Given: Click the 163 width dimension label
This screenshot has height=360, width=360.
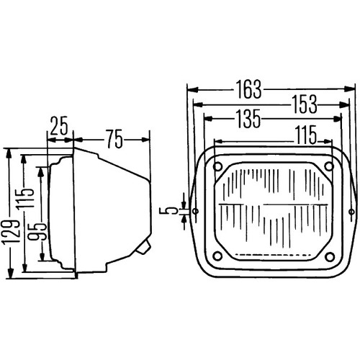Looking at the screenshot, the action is pyautogui.click(x=249, y=89).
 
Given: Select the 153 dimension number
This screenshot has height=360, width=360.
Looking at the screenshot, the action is pyautogui.click(x=305, y=104).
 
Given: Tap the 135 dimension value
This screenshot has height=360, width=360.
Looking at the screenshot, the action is pyautogui.click(x=248, y=118).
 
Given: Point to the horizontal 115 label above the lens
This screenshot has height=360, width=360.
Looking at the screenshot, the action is pyautogui.click(x=306, y=135).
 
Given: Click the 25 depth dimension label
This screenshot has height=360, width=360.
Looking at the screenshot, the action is pyautogui.click(x=59, y=126).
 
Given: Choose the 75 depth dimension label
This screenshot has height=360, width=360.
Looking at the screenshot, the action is pyautogui.click(x=114, y=139).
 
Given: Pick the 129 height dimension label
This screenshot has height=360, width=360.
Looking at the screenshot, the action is pyautogui.click(x=11, y=232).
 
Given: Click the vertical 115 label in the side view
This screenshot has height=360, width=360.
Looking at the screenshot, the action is pyautogui.click(x=26, y=199).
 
